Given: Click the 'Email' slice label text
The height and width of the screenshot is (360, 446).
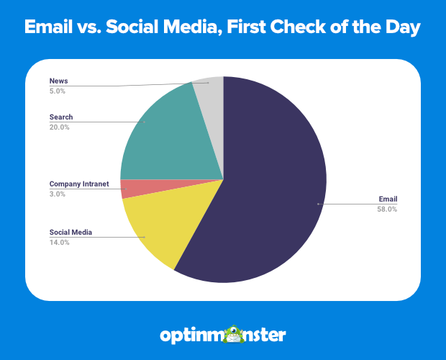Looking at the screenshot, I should (x=388, y=199).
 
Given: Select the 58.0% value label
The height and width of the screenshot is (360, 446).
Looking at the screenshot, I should (x=386, y=210).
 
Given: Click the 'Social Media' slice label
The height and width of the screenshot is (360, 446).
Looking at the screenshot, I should (x=70, y=233).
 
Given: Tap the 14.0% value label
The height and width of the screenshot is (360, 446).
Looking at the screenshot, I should (x=59, y=243).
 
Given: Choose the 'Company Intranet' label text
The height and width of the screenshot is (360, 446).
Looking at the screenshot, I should (x=78, y=184).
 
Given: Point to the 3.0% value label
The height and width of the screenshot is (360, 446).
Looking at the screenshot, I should (x=57, y=194).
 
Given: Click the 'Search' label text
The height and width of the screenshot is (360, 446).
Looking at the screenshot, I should (x=60, y=117).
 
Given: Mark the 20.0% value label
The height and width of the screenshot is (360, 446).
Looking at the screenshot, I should (x=59, y=127).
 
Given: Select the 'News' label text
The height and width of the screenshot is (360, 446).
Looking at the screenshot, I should (x=58, y=80).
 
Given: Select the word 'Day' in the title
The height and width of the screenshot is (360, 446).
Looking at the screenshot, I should (x=401, y=28).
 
